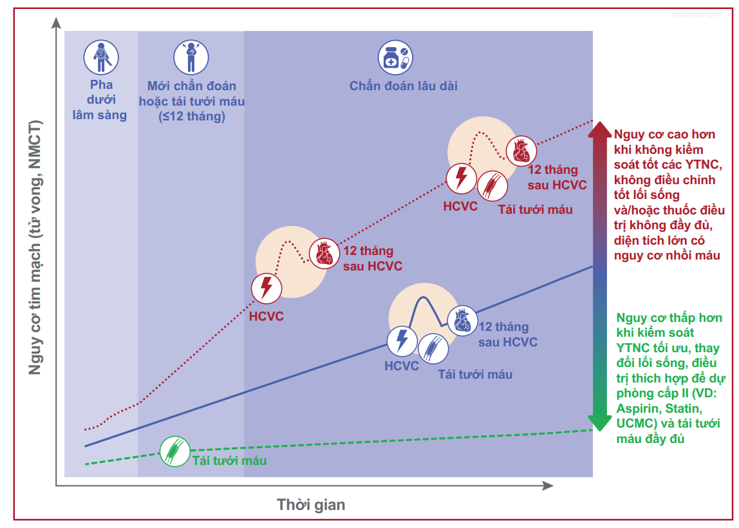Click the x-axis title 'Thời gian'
tap(311, 504)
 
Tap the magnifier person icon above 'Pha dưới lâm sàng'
tap(101, 57)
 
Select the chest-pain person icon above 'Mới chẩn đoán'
tap(191, 57)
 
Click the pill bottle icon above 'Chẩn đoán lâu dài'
tap(395, 57)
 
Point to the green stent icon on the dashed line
tap(175, 451)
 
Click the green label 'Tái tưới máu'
tap(230, 460)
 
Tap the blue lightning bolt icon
tap(402, 341)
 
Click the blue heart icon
tap(462, 321)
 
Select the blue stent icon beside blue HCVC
tap(433, 349)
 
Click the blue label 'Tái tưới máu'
tap(475, 374)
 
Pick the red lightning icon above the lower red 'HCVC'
tap(267, 288)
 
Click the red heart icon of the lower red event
tap(324, 254)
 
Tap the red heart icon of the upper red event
tap(521, 151)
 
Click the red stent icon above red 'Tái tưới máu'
tap(492, 185)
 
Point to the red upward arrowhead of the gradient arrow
tap(599, 129)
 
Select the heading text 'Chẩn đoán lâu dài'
tap(404, 86)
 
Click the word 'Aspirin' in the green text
tap(637, 408)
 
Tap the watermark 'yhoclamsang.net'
tap(697, 15)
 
